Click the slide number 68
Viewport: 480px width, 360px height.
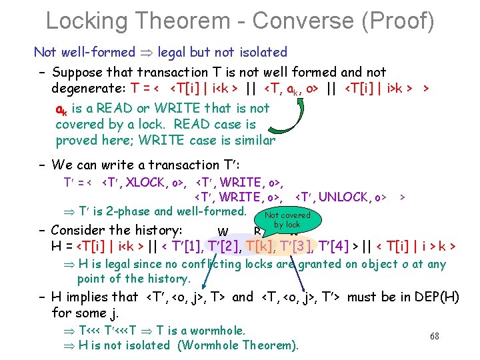pos(434,336)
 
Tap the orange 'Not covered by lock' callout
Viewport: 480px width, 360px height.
pos(287,221)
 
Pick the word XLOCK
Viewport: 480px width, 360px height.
pos(147,182)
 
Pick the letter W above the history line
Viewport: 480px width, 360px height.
pos(223,233)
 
